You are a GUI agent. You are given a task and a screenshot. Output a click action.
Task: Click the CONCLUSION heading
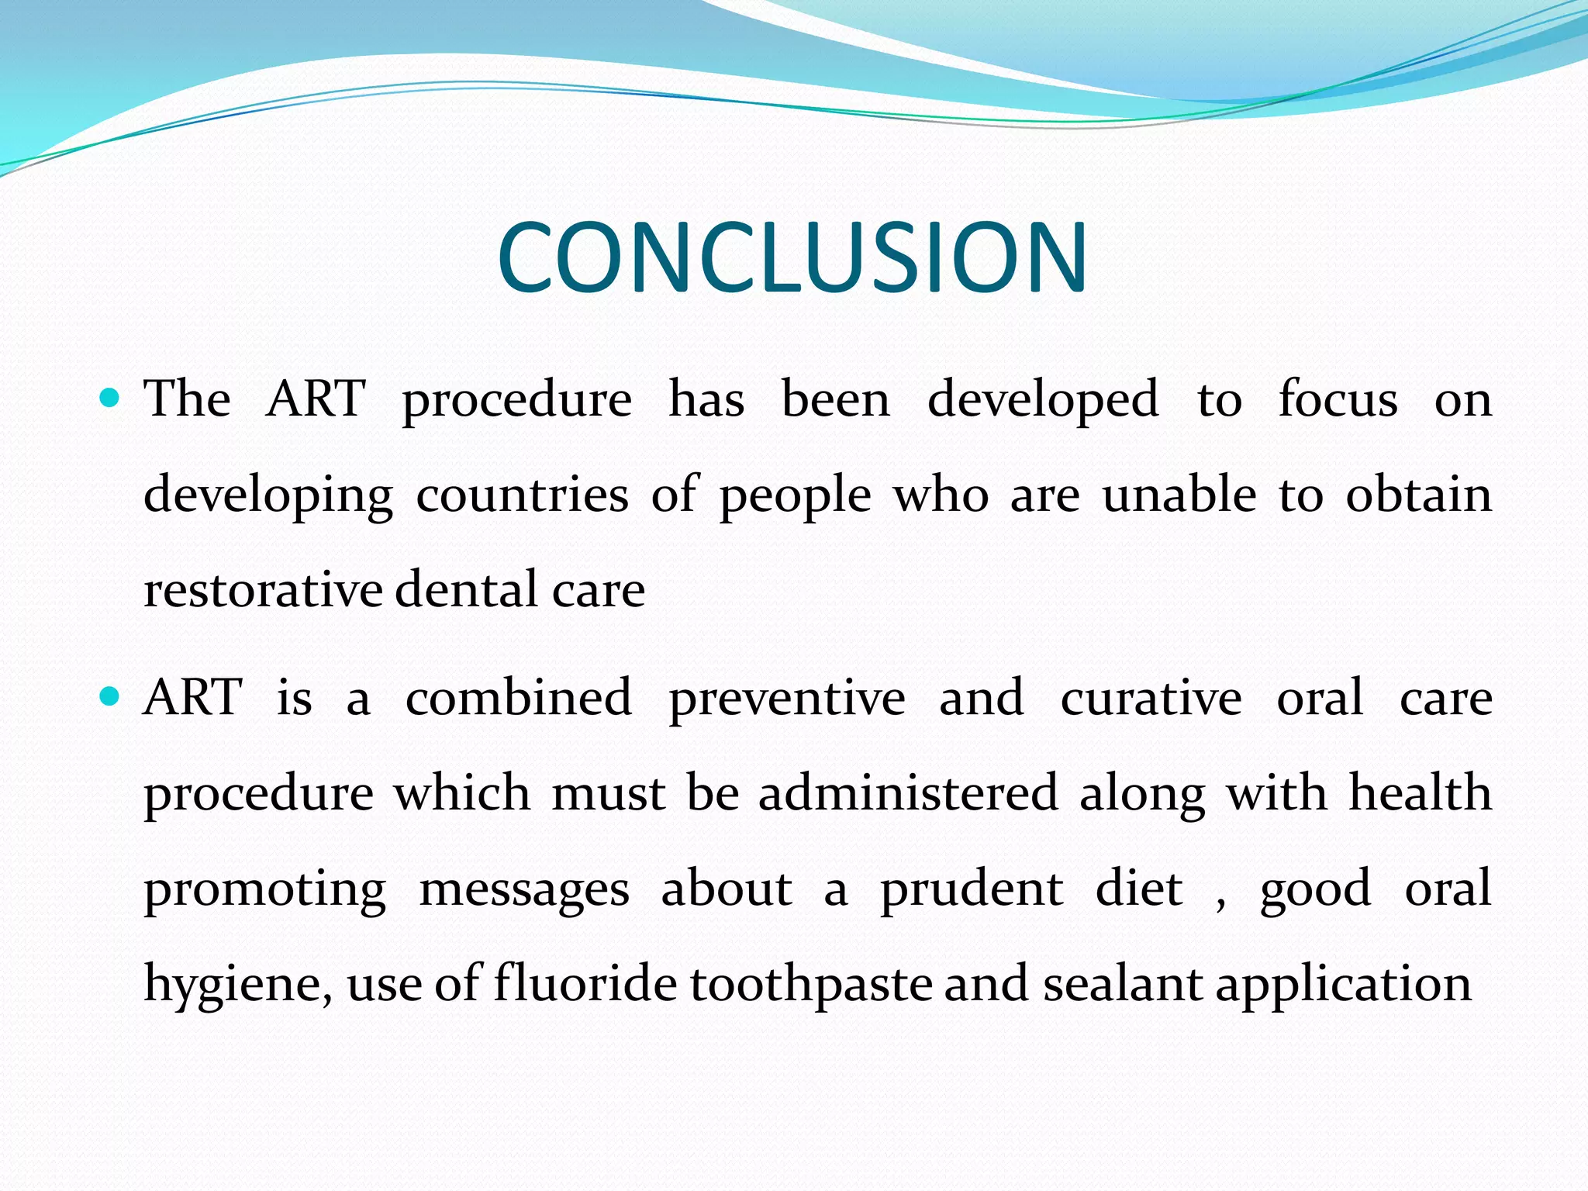[x=792, y=257]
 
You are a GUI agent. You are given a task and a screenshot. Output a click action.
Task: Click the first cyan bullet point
[x=110, y=399]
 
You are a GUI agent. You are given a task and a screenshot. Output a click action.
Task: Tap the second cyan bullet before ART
[x=110, y=697]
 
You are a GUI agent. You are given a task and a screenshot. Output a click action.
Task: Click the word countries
[x=522, y=495]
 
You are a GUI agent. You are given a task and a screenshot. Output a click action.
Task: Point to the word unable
[x=1179, y=495]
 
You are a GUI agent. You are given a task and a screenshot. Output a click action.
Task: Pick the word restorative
[x=263, y=590]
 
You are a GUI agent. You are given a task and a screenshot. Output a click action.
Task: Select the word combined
[x=518, y=697]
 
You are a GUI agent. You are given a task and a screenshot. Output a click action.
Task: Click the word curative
[x=1151, y=697]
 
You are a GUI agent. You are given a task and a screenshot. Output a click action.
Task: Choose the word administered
[x=908, y=793]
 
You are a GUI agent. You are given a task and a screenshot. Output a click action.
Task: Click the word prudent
[x=971, y=889]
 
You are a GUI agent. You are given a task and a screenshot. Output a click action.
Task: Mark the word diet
[x=1138, y=888]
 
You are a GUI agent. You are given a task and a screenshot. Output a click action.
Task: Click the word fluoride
[x=585, y=983]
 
